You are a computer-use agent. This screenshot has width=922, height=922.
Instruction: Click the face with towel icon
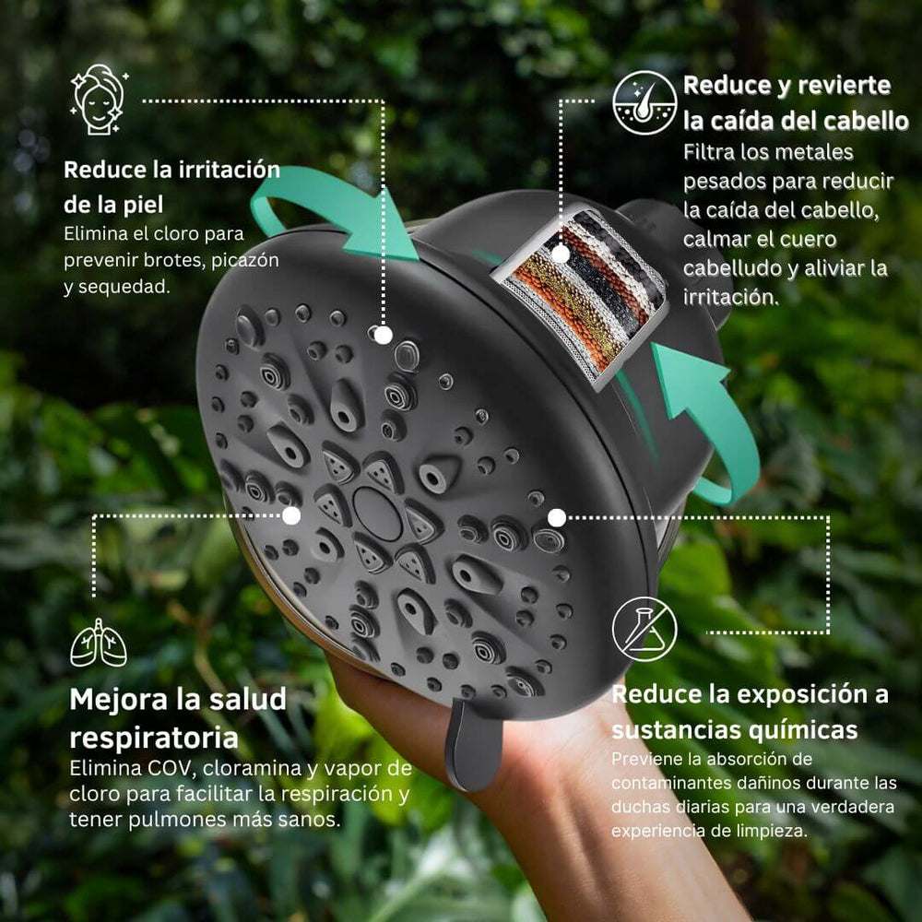click(x=99, y=100)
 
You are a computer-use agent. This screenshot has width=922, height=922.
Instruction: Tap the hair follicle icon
click(x=644, y=102)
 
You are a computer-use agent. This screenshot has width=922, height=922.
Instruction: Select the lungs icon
click(x=99, y=643)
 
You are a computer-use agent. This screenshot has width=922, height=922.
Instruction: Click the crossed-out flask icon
click(x=644, y=629)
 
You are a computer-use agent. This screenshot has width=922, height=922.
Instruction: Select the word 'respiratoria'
click(x=154, y=738)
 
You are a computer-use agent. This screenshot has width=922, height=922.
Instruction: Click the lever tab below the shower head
click(x=473, y=743)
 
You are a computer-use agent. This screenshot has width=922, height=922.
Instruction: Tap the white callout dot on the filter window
click(x=561, y=254)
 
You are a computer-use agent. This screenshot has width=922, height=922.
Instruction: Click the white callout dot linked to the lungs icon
click(x=291, y=515)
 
